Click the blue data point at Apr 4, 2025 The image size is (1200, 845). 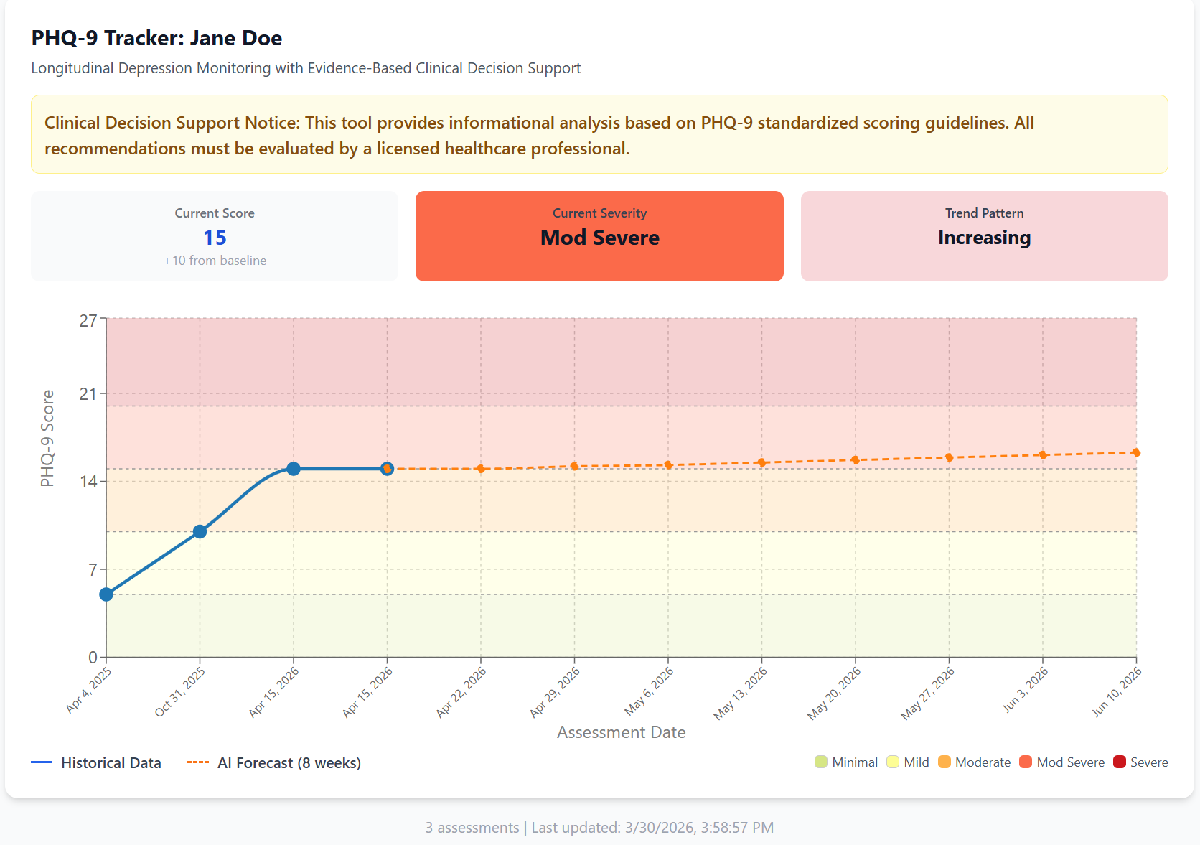point(106,594)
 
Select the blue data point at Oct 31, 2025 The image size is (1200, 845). point(200,532)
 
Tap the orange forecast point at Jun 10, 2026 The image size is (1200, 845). point(1136,452)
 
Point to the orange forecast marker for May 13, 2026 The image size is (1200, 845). point(761,462)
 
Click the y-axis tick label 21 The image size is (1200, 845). point(88,393)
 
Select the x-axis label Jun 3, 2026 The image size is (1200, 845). point(1026,689)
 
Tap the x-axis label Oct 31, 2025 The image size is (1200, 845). point(181,691)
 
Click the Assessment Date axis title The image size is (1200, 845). point(621,732)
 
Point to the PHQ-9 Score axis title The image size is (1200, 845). point(47,438)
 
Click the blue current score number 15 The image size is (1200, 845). point(215,238)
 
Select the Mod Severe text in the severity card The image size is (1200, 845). point(599,238)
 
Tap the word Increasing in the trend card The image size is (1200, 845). point(984,238)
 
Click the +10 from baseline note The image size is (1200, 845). point(215,261)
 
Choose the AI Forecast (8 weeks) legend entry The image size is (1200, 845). point(289,763)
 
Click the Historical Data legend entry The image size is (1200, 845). point(111,763)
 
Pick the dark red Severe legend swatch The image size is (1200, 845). point(1120,762)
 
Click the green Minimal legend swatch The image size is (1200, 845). point(821,762)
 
